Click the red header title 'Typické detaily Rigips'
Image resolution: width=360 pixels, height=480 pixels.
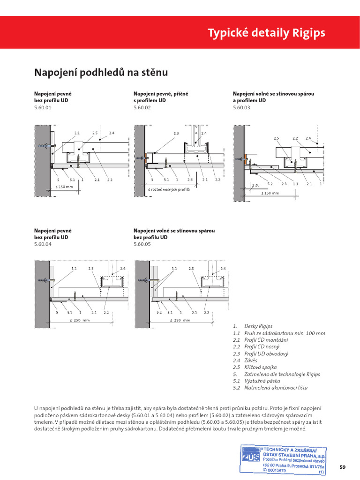pos(266,33)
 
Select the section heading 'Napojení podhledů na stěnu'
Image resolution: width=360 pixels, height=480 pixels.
pos(101,73)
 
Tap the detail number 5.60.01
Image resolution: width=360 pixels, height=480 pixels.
pos(42,107)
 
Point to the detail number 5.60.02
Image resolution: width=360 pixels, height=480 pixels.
pos(142,107)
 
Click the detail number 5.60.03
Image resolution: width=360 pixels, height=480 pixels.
pos(241,107)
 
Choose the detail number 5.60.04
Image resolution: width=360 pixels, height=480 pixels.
pos(42,244)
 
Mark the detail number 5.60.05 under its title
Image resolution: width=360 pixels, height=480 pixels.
pos(142,244)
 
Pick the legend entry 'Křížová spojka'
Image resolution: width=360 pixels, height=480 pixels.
pos(261,367)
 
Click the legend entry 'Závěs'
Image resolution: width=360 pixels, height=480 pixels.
pos(252,360)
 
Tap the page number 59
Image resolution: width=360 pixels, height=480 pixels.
pos(343,467)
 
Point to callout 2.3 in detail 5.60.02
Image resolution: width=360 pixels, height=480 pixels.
pos(176,133)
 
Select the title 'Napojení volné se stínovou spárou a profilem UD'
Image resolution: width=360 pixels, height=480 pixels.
pos(273,97)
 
